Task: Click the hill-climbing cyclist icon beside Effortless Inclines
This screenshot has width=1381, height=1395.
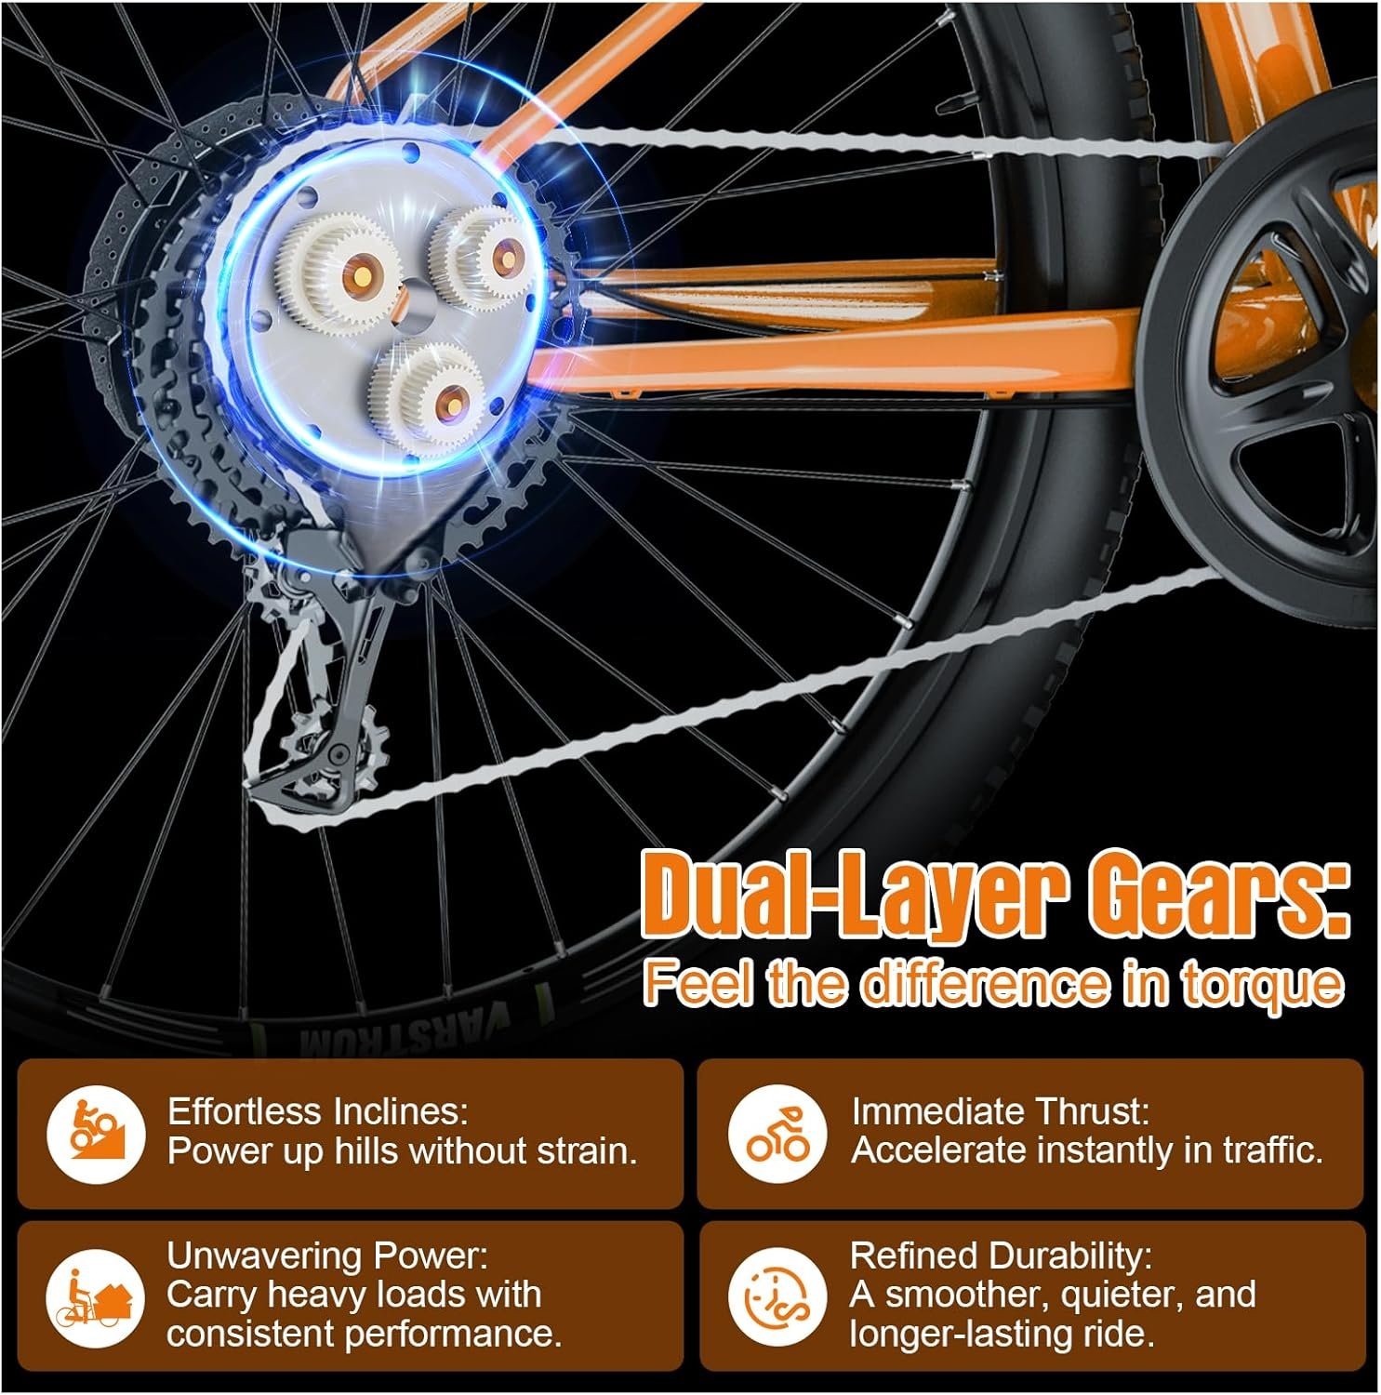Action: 96,1134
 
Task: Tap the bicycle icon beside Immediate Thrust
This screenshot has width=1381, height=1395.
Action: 777,1134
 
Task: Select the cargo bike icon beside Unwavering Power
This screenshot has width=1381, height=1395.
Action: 96,1296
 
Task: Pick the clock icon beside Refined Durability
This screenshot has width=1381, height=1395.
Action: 777,1296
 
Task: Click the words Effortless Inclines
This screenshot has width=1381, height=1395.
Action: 318,1111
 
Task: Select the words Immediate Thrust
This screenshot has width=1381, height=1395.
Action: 1001,1111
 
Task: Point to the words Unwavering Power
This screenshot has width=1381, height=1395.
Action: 327,1255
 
